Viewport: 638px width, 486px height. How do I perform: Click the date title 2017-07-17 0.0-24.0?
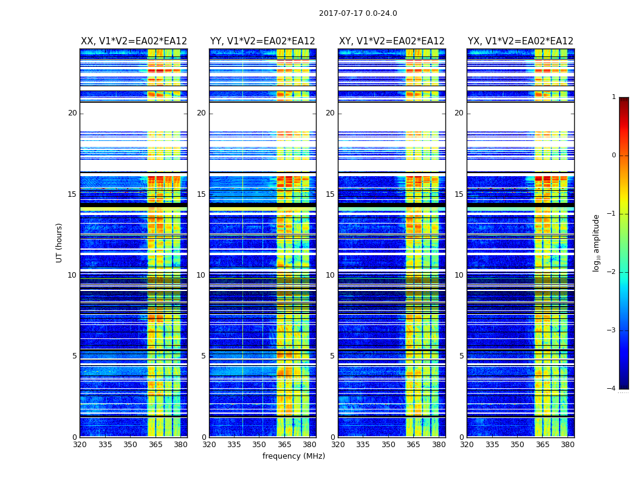358,13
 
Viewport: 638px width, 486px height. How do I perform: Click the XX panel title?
134,41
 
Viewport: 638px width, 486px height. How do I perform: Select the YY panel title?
262,41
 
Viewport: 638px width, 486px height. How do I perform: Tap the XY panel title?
391,41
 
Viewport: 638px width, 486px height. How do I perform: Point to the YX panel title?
520,41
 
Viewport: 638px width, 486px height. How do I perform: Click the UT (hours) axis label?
59,242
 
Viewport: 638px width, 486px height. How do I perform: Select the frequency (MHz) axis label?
293,456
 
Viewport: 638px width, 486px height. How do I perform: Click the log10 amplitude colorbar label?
597,242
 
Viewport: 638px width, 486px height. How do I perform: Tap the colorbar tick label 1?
613,97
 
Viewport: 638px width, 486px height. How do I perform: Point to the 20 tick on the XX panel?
72,113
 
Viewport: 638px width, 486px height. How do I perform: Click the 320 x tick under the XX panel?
80,445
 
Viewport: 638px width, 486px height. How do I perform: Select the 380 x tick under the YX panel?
568,445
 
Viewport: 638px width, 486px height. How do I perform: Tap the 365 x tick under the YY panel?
284,445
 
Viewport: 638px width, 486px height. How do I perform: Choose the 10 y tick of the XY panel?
330,275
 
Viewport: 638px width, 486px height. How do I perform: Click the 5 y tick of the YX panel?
462,356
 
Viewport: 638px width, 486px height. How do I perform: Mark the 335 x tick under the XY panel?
363,445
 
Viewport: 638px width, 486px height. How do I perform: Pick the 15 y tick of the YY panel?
201,194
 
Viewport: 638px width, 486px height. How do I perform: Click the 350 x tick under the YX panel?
517,445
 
